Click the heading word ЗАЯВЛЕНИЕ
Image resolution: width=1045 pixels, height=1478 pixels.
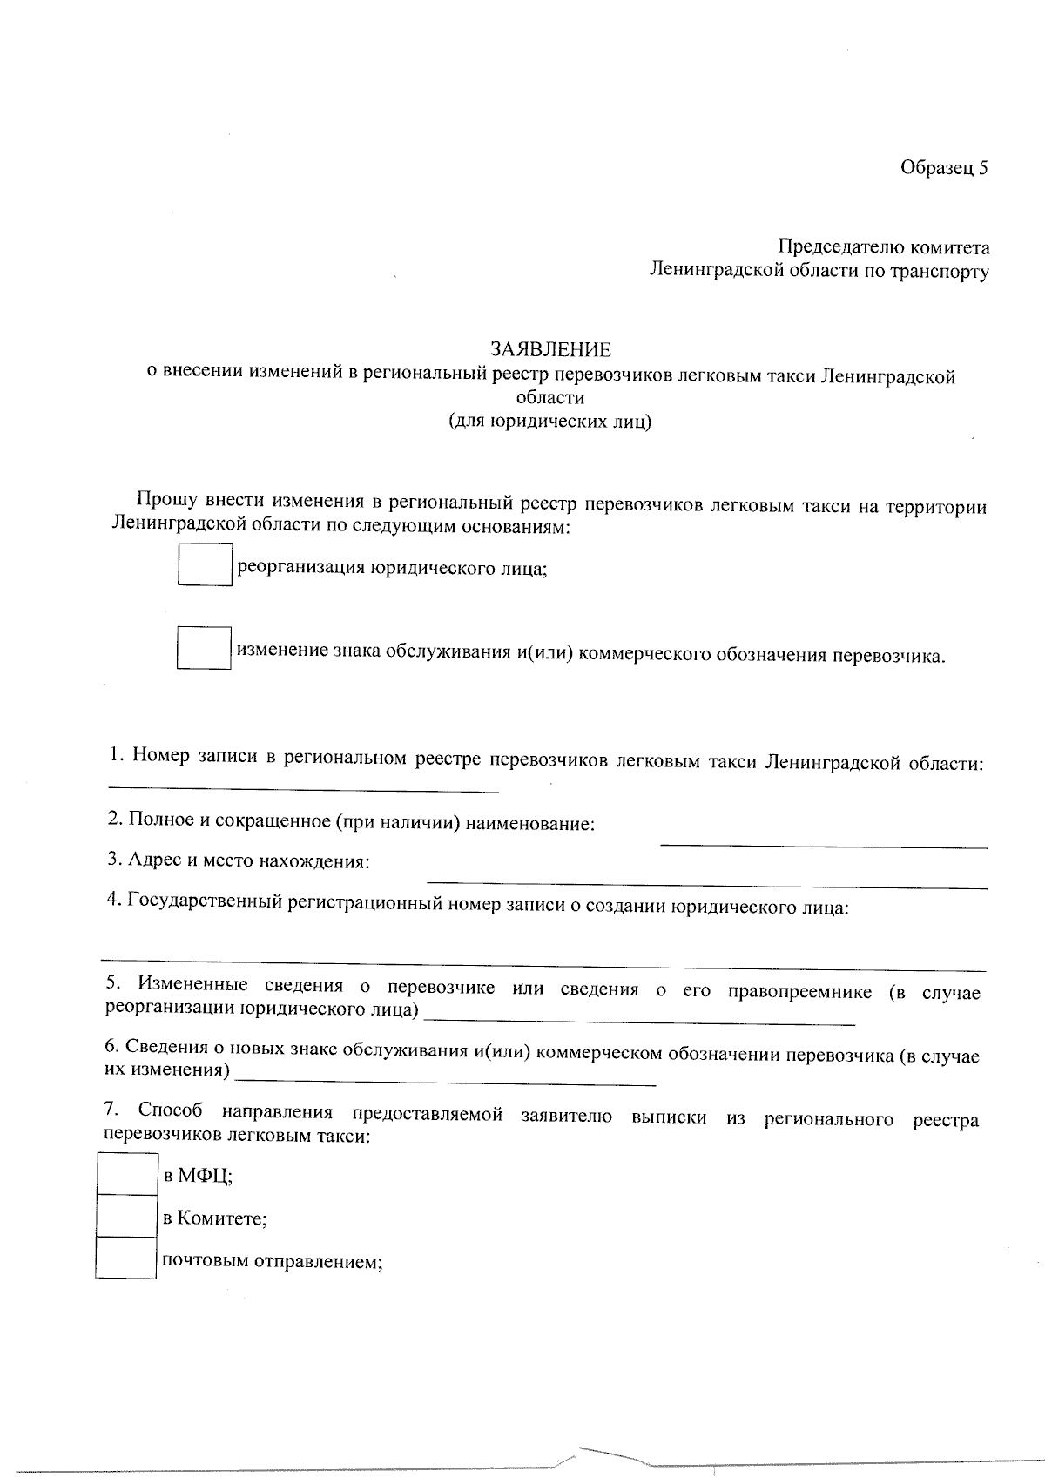point(550,350)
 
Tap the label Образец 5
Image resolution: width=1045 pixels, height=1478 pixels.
point(945,168)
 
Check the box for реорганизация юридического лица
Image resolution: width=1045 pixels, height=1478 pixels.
point(205,564)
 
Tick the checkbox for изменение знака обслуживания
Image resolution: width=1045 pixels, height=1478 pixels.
point(204,648)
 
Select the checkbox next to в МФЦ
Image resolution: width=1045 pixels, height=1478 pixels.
point(126,1174)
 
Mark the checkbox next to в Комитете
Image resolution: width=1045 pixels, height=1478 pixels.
point(126,1216)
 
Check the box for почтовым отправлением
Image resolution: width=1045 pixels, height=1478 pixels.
point(126,1258)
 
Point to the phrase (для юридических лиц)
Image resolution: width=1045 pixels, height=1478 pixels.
point(550,422)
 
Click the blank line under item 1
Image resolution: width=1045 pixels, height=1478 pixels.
point(302,791)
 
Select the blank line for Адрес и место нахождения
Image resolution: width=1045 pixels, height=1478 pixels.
point(706,887)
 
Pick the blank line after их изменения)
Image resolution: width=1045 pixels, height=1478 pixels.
point(446,1083)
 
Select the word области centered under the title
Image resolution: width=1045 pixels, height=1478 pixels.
point(550,399)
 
